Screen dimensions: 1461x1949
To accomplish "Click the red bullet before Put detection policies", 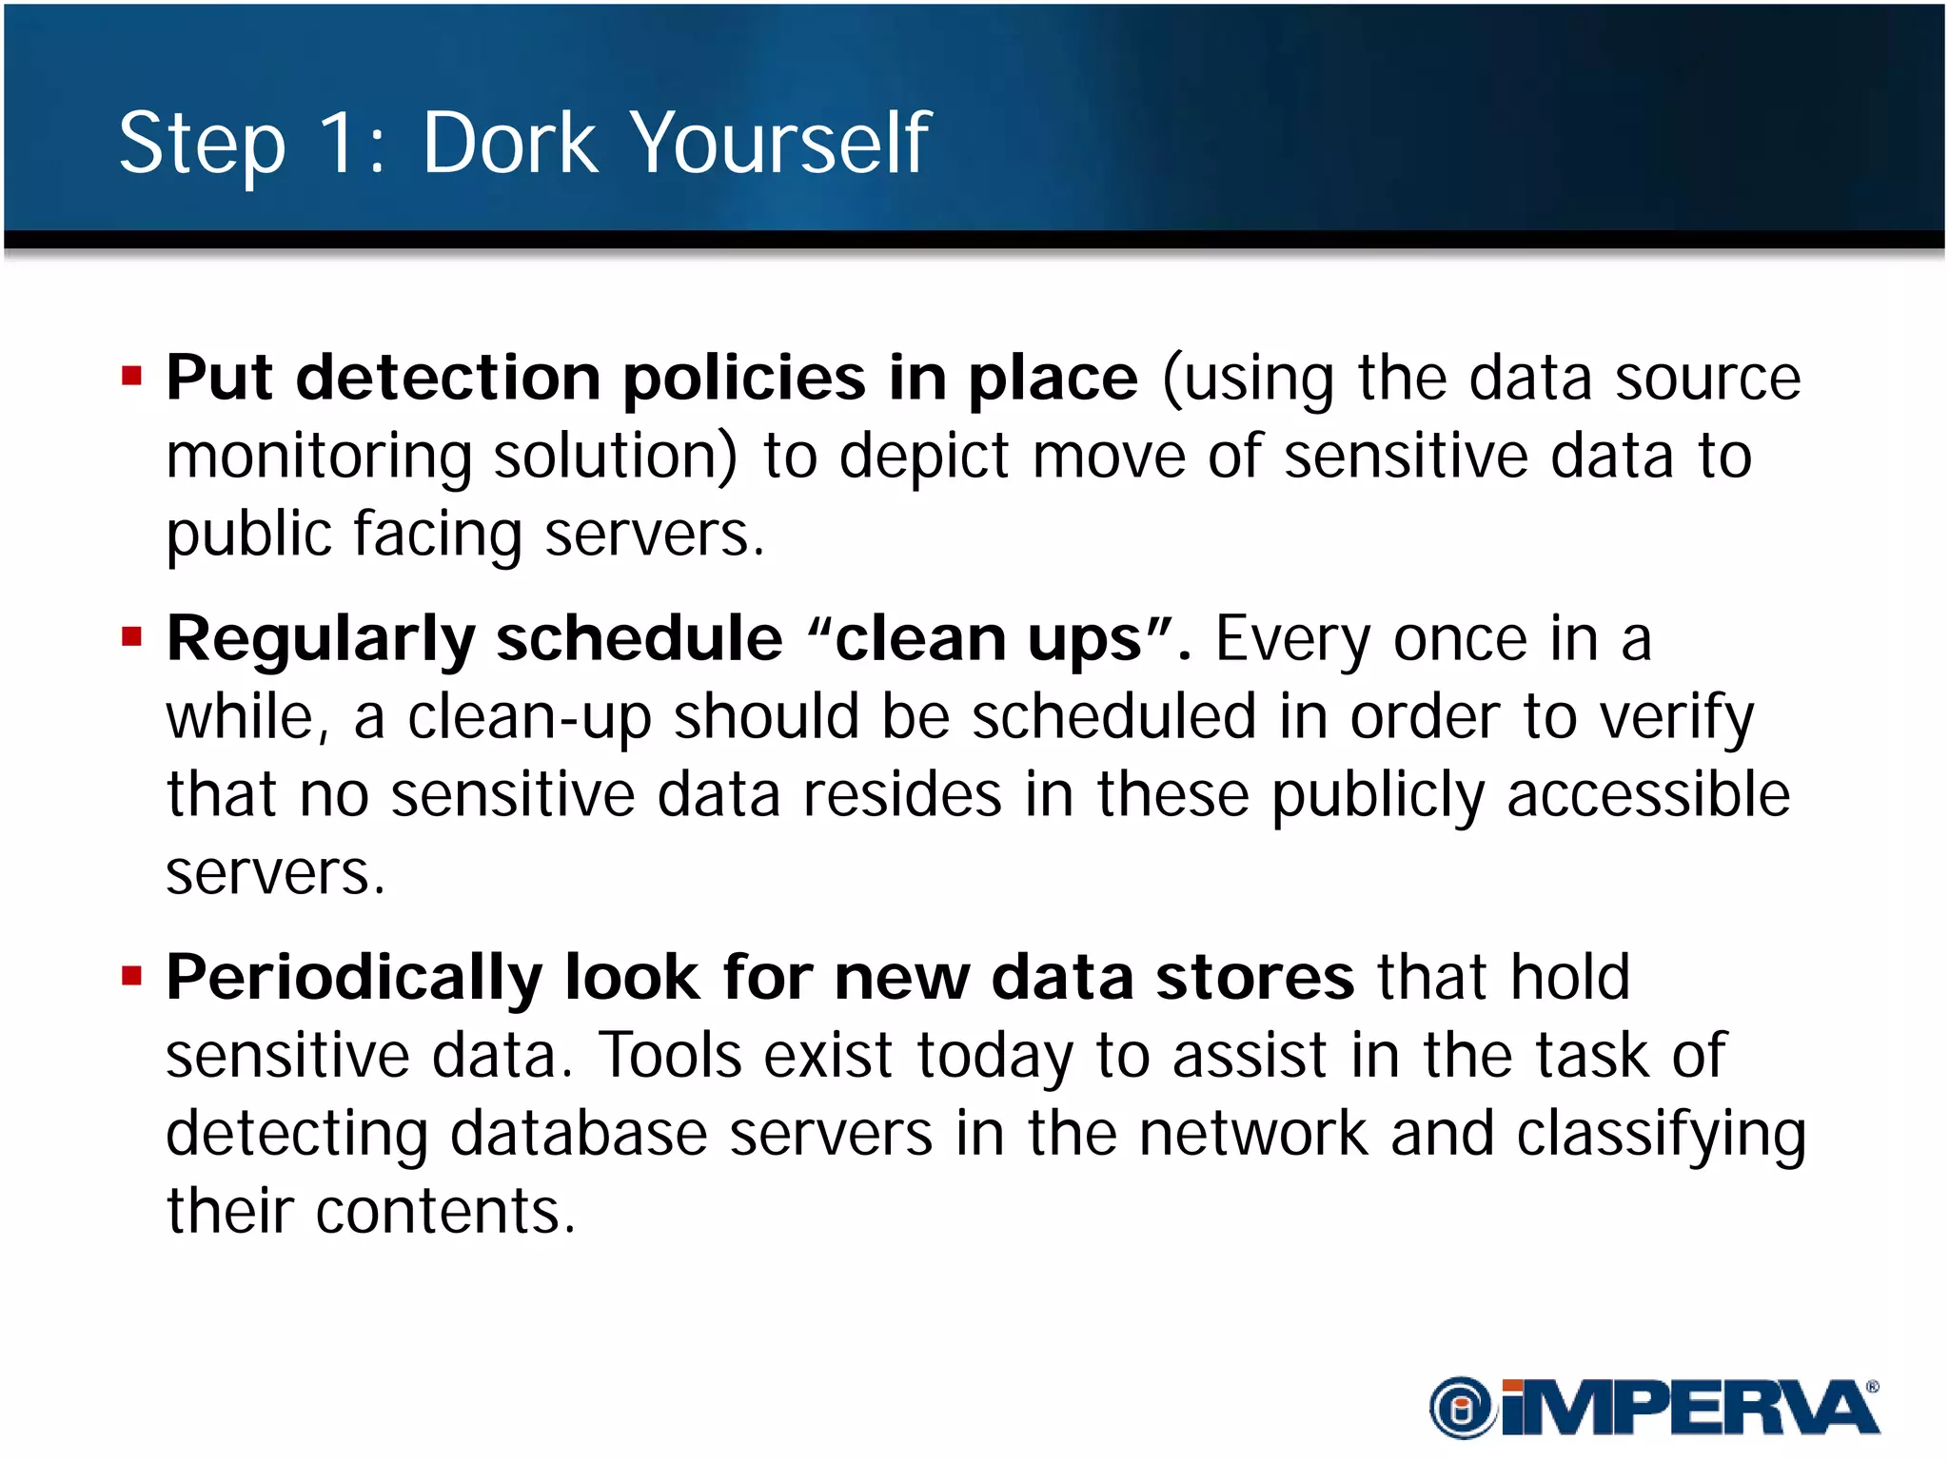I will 131,377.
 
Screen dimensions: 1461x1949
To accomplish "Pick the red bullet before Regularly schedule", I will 131,636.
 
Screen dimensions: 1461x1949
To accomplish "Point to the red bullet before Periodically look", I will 131,976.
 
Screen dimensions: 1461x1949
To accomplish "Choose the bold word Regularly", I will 320,640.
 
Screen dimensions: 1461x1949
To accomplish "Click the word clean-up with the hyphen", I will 529,718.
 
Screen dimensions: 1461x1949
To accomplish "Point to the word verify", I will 1676,718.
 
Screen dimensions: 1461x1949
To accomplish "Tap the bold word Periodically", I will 354,980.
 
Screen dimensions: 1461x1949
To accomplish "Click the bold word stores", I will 1254,978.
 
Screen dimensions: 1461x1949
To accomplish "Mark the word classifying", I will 1661,1136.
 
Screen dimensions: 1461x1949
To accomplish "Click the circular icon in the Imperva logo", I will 1462,1408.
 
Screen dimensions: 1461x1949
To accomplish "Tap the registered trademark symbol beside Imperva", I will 1872,1387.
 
